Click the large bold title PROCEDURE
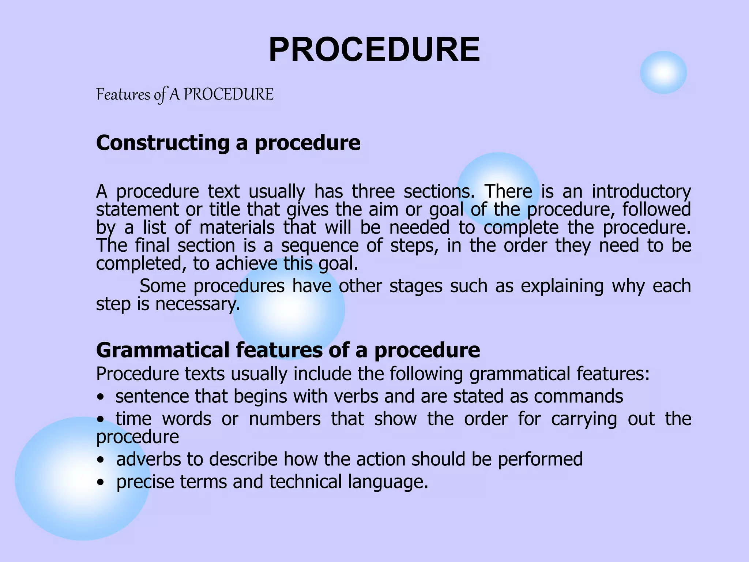coord(374,50)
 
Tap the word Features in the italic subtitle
coord(123,94)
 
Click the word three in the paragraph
coord(373,191)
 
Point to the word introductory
coord(641,191)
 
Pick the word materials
coord(237,227)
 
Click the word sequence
coord(320,246)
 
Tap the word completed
coord(141,263)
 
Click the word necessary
coord(197,304)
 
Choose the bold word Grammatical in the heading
coord(163,350)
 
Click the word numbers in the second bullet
coord(285,419)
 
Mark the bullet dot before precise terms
coord(101,483)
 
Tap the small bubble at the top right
coord(663,72)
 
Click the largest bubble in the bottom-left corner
coord(83,479)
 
